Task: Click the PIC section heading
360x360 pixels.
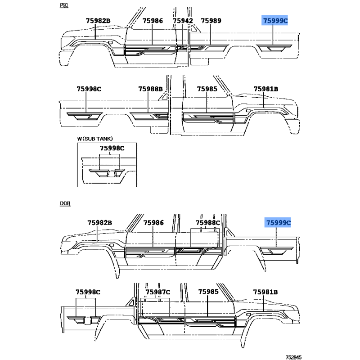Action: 64,5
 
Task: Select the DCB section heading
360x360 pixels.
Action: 65,203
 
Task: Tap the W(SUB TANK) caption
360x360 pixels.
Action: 95,139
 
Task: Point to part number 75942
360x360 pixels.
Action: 183,21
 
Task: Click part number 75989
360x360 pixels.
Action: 211,21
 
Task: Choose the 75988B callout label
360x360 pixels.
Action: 150,89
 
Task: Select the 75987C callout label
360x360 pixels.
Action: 158,292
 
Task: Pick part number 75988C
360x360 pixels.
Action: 208,223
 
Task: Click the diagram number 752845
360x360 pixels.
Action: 293,357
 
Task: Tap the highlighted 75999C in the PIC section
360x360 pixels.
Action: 274,21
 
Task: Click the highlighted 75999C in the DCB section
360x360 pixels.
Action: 278,223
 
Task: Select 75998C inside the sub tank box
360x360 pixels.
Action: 112,148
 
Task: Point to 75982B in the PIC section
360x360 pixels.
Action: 98,21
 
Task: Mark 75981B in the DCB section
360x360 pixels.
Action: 265,292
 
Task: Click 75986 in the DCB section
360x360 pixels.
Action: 153,223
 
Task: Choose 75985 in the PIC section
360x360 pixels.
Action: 207,89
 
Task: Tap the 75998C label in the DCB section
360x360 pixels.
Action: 88,292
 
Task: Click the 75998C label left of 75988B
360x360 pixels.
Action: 89,89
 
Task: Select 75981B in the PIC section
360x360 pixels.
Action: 266,89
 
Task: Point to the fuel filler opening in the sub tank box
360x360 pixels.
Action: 112,174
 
